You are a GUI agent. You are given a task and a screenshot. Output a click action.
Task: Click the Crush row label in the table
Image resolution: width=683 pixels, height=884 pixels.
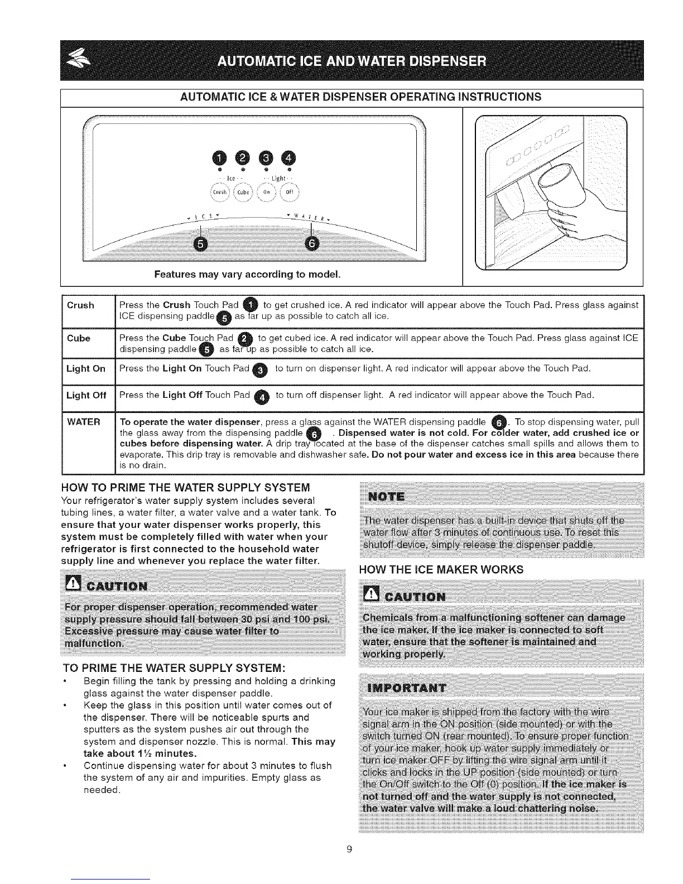[x=80, y=305]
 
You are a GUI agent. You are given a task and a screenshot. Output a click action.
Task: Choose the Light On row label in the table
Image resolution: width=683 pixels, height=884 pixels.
[x=85, y=368]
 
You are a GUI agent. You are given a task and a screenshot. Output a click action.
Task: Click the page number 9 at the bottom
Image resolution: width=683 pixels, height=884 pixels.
[x=349, y=850]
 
